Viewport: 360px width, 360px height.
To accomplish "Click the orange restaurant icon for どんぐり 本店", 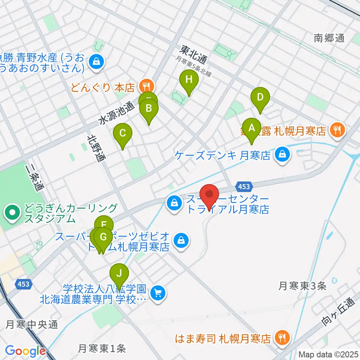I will [144, 87].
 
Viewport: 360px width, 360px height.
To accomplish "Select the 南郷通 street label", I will [329, 38].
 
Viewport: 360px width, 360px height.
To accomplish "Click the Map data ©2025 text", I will [328, 354].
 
